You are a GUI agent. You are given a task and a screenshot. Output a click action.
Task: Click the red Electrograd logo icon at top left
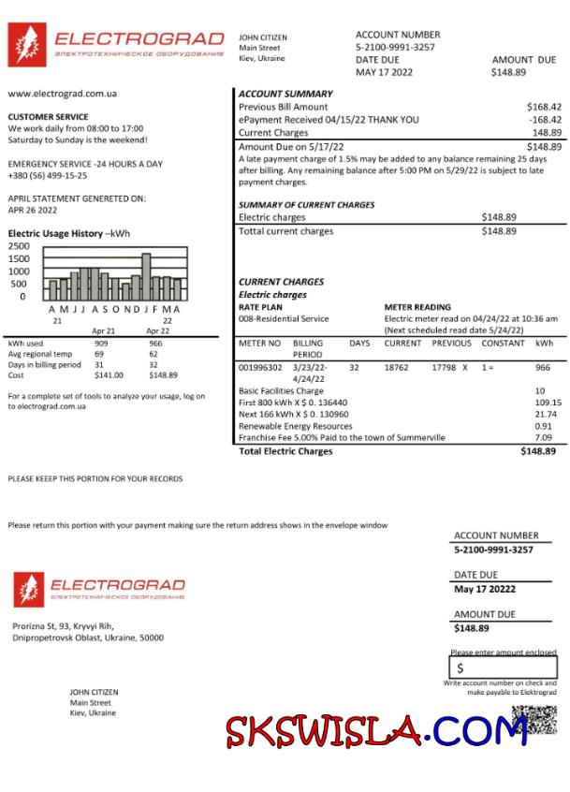coord(27,45)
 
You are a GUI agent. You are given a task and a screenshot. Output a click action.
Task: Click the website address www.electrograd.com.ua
coord(62,94)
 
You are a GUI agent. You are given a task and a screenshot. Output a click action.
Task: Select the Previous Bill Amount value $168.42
coord(544,107)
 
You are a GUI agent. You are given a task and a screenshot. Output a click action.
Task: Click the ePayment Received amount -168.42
coord(544,120)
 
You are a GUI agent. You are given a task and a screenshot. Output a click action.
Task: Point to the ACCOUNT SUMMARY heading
coord(285,94)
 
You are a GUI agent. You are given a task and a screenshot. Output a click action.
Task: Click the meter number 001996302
coord(260,368)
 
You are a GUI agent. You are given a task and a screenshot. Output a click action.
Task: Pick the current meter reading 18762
coord(396,368)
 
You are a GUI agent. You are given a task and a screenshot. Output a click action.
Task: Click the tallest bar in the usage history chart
coord(146,275)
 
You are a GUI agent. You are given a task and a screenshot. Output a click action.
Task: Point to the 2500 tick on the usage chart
coord(19,246)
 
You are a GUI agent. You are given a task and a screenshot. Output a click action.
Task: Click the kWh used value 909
coord(101,344)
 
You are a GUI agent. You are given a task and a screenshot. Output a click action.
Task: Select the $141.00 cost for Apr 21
coord(109,375)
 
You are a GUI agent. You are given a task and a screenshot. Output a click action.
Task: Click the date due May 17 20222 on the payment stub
coord(485,589)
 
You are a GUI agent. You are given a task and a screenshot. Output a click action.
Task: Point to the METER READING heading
coord(417,307)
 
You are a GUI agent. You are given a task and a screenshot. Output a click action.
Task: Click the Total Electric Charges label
coord(285,451)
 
